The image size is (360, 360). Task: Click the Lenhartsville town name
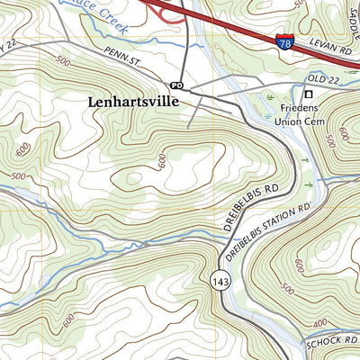[133, 103]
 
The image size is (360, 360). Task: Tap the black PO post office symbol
[176, 85]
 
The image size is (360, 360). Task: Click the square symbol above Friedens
[308, 94]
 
